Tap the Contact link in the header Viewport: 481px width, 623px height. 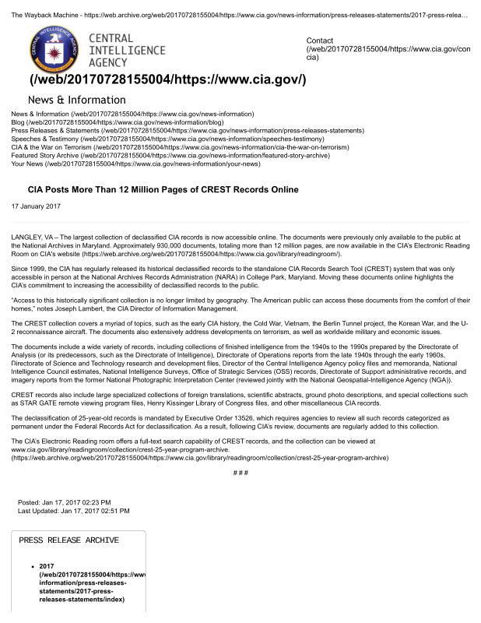(x=320, y=40)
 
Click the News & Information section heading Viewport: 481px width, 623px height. (x=76, y=100)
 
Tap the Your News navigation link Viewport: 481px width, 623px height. (x=27, y=164)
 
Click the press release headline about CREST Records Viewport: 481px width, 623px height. (x=163, y=189)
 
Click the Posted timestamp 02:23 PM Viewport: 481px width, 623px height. (x=95, y=502)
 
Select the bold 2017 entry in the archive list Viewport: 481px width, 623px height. (x=47, y=565)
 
